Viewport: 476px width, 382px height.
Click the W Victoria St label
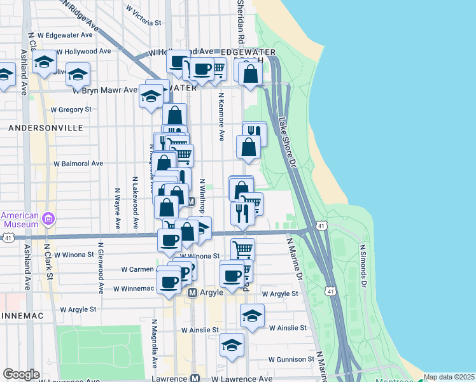coord(143,17)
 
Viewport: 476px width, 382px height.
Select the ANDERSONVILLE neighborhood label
coord(46,128)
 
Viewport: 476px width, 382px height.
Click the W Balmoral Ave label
coord(78,164)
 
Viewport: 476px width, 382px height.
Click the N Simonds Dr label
coord(363,262)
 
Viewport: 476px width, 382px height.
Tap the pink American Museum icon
coord(48,220)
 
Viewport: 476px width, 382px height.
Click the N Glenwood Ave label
coord(101,267)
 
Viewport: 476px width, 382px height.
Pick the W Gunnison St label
coord(291,359)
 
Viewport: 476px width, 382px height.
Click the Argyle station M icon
coord(193,292)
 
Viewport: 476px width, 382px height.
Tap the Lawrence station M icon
coord(195,378)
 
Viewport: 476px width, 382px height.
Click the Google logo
coord(21,374)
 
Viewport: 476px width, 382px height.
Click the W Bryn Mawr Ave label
coord(104,90)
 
